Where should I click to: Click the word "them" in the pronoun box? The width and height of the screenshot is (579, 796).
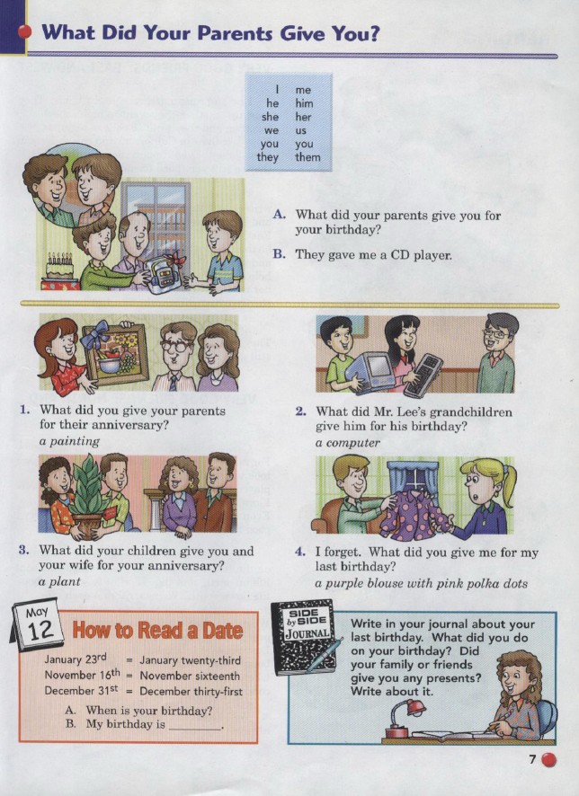(x=307, y=157)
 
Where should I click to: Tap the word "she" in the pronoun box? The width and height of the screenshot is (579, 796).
(x=271, y=117)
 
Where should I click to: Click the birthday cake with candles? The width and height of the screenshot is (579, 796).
(x=59, y=267)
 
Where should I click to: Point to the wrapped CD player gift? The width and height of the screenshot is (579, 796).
(x=164, y=273)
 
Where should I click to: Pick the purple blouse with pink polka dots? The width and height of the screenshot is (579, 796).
(x=414, y=514)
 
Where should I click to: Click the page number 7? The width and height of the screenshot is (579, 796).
(x=532, y=759)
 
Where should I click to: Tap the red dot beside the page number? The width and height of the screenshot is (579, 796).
(x=548, y=760)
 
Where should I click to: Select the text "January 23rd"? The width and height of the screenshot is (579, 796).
(x=76, y=659)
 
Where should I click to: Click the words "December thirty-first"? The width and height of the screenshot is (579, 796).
(x=191, y=692)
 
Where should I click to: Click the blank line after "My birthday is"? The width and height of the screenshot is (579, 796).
(x=195, y=729)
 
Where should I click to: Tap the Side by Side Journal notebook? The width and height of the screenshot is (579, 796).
(x=304, y=637)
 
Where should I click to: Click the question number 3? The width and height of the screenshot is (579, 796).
(x=23, y=551)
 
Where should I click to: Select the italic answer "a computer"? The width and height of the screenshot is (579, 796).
(x=347, y=443)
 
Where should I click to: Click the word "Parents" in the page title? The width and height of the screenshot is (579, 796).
(x=235, y=33)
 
